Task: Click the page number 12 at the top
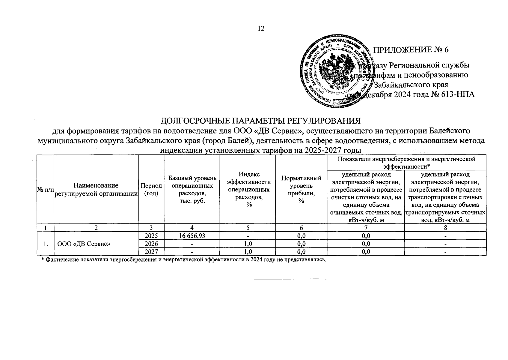pos(261,28)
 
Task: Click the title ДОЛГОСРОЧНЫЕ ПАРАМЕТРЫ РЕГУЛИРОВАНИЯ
pos(260,121)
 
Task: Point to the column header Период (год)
pos(151,190)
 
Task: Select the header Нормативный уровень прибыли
pos(301,190)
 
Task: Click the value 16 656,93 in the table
pos(192,236)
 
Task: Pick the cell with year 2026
pos(151,244)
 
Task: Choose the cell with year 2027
pos(151,252)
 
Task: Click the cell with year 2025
pos(151,236)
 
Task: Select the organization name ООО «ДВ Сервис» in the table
pos(84,244)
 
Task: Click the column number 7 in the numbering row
pos(366,228)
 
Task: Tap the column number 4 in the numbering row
pos(192,228)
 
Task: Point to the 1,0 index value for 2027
pos(248,252)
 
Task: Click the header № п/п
pos(45,190)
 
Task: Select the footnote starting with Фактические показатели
pos(183,259)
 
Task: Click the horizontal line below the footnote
pos(277,279)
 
